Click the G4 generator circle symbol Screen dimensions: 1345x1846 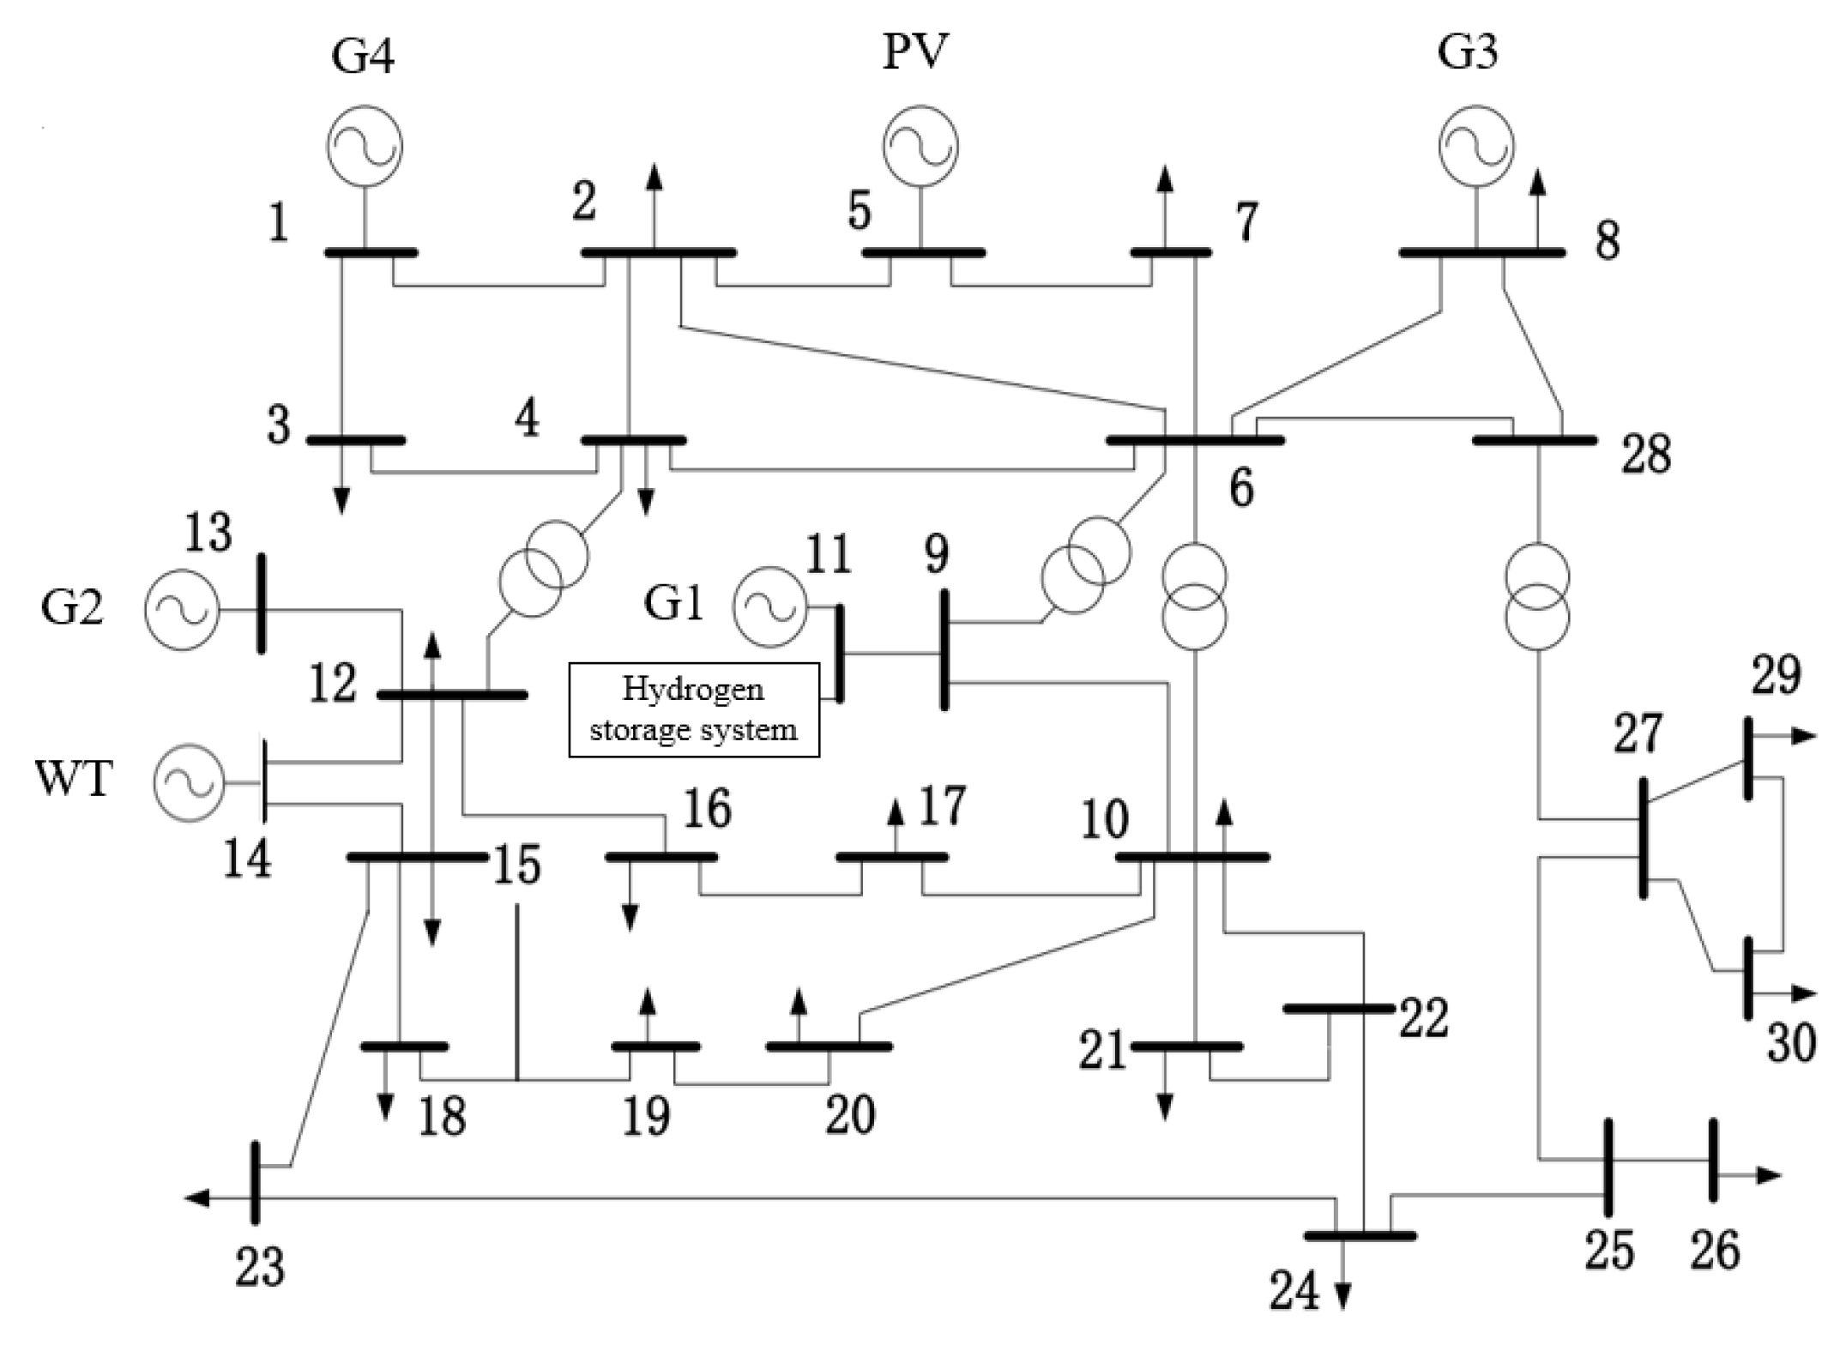click(x=365, y=146)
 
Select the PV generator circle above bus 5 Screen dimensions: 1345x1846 click(x=920, y=146)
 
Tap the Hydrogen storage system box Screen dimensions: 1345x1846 click(x=694, y=709)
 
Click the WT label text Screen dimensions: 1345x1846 click(x=74, y=779)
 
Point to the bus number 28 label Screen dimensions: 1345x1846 click(x=1645, y=455)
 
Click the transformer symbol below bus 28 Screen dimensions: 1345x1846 click(x=1538, y=597)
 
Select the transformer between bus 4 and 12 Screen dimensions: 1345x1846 click(x=544, y=569)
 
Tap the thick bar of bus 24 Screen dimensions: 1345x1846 click(x=1360, y=1236)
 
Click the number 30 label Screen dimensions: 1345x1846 click(x=1791, y=1044)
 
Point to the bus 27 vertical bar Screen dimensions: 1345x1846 click(x=1644, y=838)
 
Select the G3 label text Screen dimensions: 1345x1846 click(x=1468, y=51)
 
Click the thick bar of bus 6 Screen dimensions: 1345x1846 click(x=1195, y=440)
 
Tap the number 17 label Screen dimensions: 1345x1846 click(x=942, y=805)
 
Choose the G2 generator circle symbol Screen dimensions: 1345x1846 click(x=182, y=610)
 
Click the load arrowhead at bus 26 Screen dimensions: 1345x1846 click(x=1769, y=1175)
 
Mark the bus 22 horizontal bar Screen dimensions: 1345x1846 click(x=1338, y=1009)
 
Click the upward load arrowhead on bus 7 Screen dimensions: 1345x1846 click(x=1164, y=178)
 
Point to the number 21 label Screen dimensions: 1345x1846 click(x=1101, y=1051)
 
